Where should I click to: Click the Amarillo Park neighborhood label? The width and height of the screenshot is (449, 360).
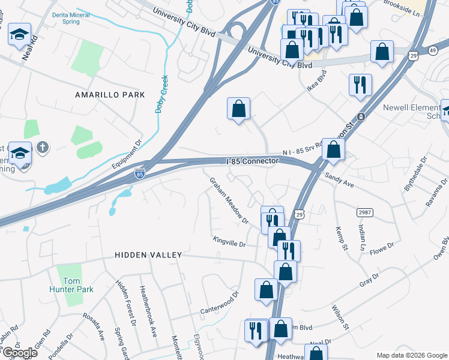(110, 95)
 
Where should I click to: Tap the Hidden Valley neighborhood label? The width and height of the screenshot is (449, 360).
(148, 255)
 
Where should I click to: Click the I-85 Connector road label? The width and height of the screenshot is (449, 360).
(252, 161)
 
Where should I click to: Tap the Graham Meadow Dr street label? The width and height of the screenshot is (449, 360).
(229, 200)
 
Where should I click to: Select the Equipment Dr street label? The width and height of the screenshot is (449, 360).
(125, 154)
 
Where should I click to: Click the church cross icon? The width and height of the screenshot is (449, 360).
(41, 147)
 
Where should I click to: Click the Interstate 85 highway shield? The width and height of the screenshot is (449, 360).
(139, 174)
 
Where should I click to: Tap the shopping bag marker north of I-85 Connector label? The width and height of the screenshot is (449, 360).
(238, 109)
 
